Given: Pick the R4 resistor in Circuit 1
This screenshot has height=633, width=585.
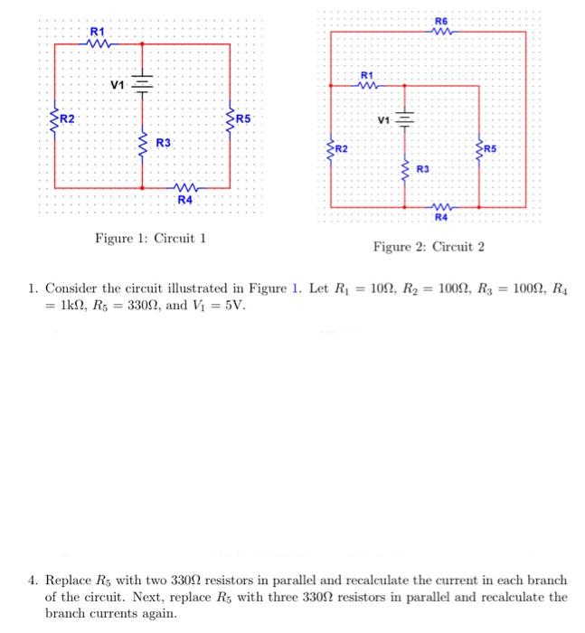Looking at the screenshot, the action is tap(184, 187).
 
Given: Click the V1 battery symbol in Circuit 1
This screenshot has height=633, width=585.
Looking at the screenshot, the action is tap(142, 84).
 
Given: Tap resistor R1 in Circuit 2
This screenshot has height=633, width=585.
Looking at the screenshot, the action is tap(366, 86).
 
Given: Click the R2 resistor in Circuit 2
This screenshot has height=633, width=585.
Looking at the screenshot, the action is tap(331, 149).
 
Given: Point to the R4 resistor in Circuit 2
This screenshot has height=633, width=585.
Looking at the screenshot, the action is tap(440, 206).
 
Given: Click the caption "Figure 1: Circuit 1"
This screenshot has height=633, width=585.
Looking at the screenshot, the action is tap(151, 239).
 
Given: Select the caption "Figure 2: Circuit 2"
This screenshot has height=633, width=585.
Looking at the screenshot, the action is tap(429, 247).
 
